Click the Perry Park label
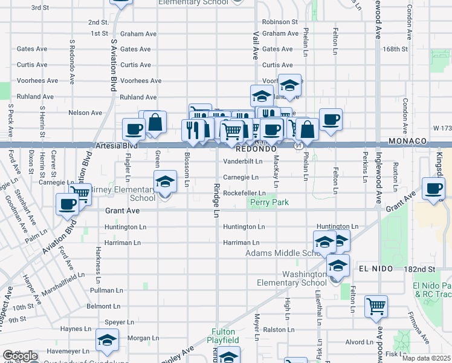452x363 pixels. [269, 203]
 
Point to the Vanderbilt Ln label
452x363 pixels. [243, 162]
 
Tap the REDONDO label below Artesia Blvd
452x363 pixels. [256, 148]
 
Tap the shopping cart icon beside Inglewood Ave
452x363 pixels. [376, 306]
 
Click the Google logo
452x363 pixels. [19, 356]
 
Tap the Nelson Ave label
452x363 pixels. [85, 113]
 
